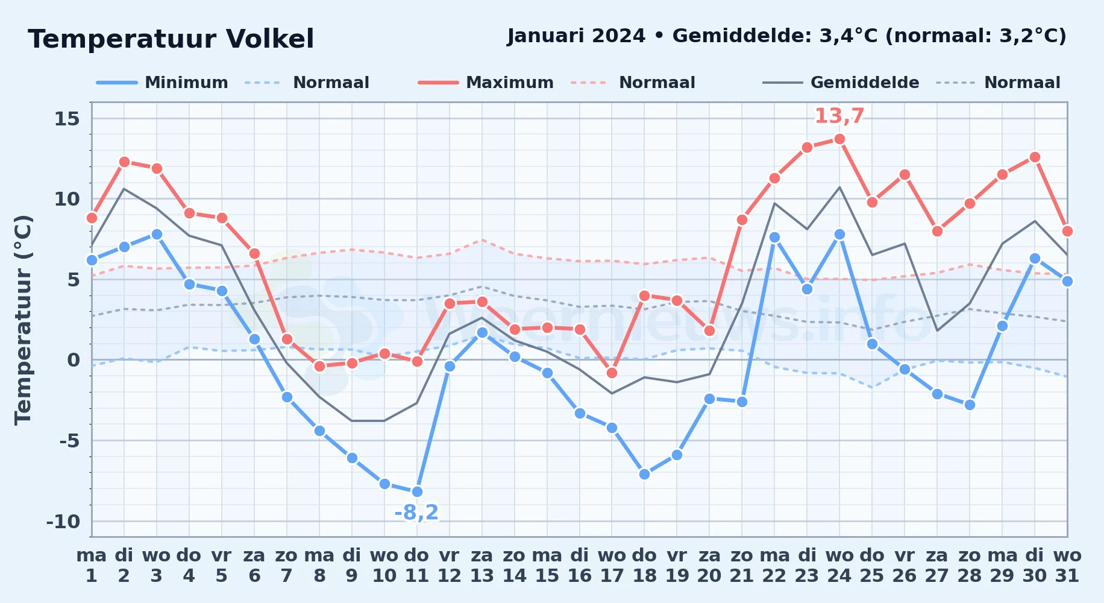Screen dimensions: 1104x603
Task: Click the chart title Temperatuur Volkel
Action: pyautogui.click(x=171, y=39)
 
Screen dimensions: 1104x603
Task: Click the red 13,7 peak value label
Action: pyautogui.click(x=839, y=116)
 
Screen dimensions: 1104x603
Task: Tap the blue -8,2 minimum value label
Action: pyautogui.click(x=416, y=513)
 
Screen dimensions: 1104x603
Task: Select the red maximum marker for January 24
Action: pyautogui.click(x=839, y=139)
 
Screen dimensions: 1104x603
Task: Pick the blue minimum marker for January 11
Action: pyautogui.click(x=417, y=492)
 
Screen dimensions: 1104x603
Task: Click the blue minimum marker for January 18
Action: pyautogui.click(x=644, y=475)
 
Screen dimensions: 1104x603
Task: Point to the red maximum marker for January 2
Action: pyautogui.click(x=124, y=162)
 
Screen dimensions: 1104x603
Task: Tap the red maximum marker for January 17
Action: pyautogui.click(x=612, y=373)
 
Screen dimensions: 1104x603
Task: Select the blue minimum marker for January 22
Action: pyautogui.click(x=774, y=238)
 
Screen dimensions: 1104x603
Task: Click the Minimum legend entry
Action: pyautogui.click(x=162, y=83)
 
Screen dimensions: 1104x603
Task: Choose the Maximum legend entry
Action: pyautogui.click(x=486, y=83)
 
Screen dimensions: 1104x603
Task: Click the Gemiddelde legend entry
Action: pyautogui.click(x=841, y=83)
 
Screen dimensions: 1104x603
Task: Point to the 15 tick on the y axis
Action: pyautogui.click(x=67, y=119)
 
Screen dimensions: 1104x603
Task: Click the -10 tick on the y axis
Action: pyautogui.click(x=63, y=522)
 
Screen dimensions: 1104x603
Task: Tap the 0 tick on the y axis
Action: pyautogui.click(x=74, y=360)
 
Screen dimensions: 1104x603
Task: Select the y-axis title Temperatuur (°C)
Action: pyautogui.click(x=23, y=320)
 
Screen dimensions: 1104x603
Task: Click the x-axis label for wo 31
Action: pyautogui.click(x=1067, y=566)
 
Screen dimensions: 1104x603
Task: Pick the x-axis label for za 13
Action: pyautogui.click(x=482, y=566)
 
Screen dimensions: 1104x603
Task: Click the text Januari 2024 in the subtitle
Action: pyautogui.click(x=576, y=36)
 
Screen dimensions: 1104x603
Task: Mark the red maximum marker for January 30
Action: pyautogui.click(x=1035, y=157)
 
